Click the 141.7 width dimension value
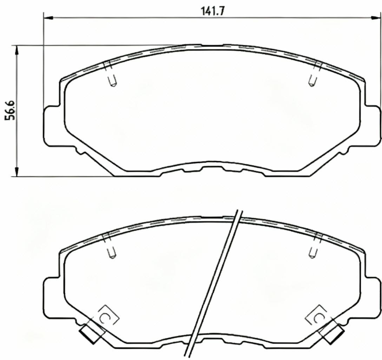pos(212,11)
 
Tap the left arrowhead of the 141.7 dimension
pos(48,18)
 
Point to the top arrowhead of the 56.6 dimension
pos(16,50)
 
